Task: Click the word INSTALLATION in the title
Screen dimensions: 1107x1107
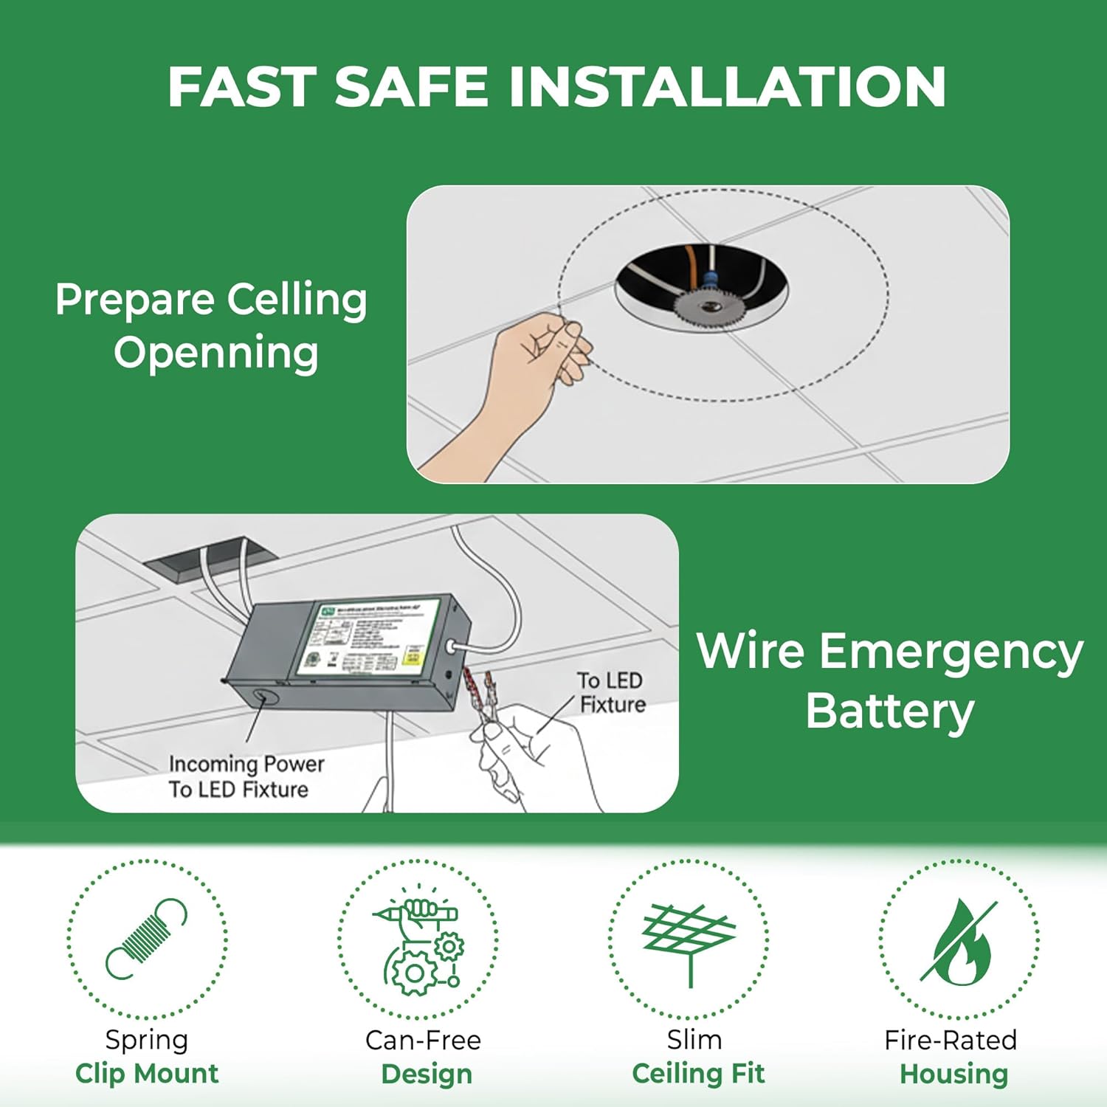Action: (x=727, y=87)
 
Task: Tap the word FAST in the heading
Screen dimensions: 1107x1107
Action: (x=241, y=87)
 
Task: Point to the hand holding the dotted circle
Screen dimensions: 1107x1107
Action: (x=539, y=362)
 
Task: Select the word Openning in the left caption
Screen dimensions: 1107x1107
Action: (x=216, y=353)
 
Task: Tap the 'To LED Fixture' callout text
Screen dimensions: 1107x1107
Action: (x=611, y=692)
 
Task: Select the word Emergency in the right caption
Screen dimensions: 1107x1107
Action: (x=951, y=652)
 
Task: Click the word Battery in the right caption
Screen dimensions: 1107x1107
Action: (x=889, y=711)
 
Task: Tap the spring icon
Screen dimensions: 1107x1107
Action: (x=146, y=939)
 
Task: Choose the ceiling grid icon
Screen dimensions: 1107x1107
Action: (x=689, y=941)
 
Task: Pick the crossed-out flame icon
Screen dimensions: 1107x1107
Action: (x=958, y=941)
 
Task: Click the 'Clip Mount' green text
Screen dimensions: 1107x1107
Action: (x=147, y=1073)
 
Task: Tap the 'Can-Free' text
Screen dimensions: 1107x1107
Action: (x=423, y=1040)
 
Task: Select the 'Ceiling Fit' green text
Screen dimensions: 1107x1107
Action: (x=698, y=1073)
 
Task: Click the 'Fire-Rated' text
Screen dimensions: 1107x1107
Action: (x=951, y=1040)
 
